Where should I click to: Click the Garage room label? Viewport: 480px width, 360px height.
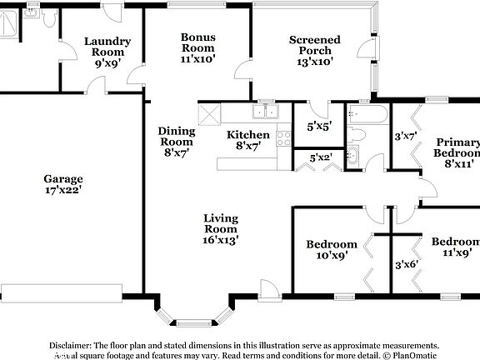(x=63, y=178)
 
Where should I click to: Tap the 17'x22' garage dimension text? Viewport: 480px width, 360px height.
(x=63, y=191)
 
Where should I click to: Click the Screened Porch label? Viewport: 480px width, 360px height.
(x=314, y=45)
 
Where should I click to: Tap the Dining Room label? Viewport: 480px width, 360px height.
(x=177, y=137)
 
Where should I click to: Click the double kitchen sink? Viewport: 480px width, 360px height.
(x=267, y=111)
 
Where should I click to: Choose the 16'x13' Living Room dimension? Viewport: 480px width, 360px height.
(x=221, y=240)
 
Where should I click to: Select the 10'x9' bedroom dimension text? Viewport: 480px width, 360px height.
(x=332, y=256)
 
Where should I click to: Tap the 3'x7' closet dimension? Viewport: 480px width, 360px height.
(x=405, y=135)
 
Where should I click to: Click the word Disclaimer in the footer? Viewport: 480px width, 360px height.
(x=70, y=344)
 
